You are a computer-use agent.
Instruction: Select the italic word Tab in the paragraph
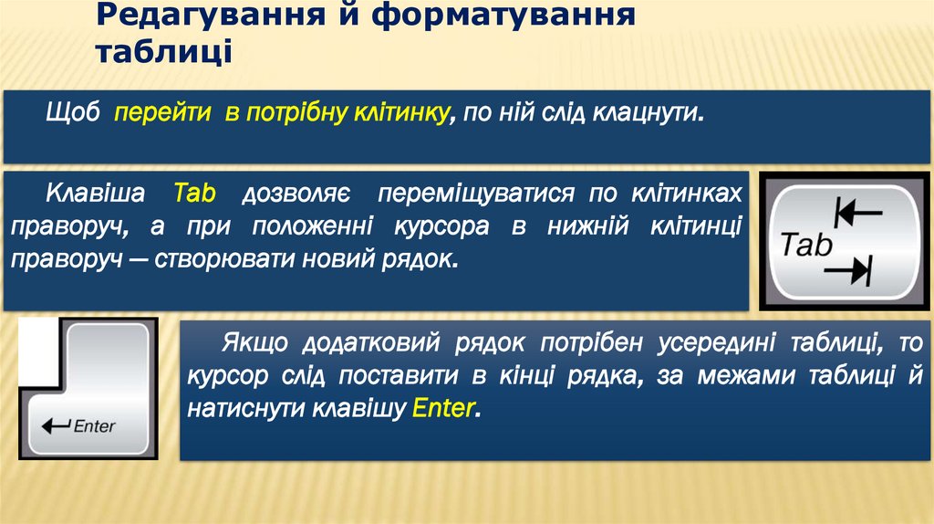point(193,194)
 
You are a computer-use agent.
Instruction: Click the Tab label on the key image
point(807,245)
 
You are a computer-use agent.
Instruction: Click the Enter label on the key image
point(94,426)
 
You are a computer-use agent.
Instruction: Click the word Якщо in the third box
point(254,343)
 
